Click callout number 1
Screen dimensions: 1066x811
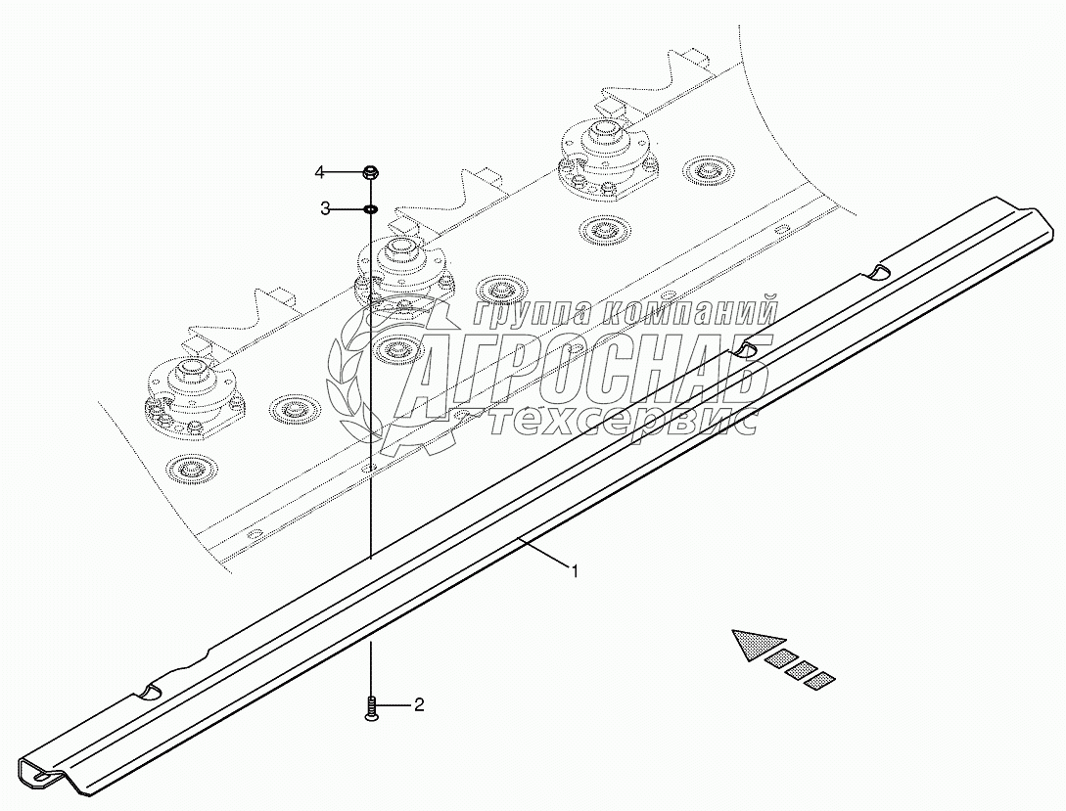tap(576, 571)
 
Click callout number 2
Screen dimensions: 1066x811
tap(419, 704)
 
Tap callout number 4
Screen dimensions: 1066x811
tap(320, 173)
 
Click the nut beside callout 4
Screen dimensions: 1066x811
tap(371, 173)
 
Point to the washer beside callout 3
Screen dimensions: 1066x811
tap(371, 208)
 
